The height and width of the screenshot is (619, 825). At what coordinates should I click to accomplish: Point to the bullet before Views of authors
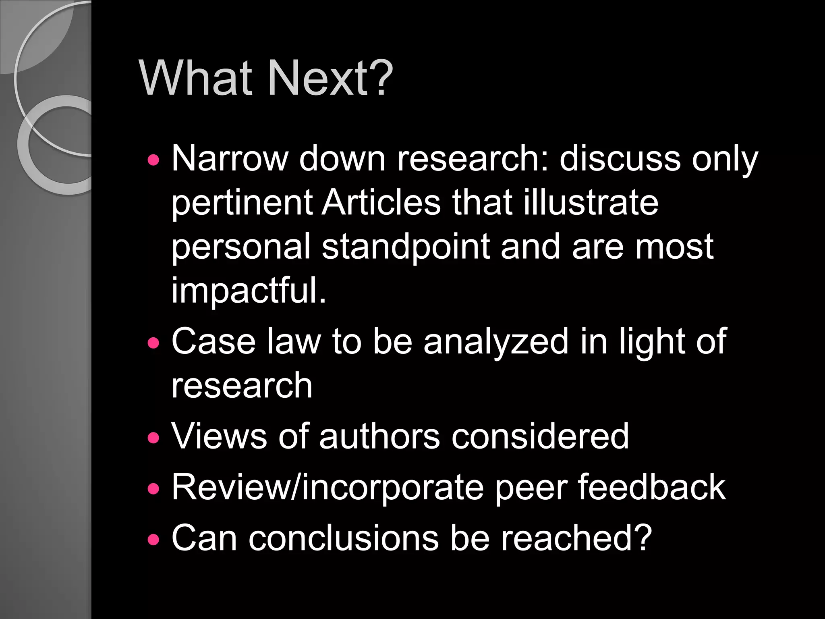point(153,438)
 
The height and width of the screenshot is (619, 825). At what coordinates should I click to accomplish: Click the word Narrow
point(230,158)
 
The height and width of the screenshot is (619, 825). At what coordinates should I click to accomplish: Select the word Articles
point(381,202)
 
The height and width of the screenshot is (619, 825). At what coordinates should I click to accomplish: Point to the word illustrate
point(591,202)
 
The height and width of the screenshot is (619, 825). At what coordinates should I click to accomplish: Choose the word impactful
point(249,290)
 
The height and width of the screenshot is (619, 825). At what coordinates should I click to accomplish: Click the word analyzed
point(496,341)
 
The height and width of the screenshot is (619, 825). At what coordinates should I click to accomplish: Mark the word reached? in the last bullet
point(576,538)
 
